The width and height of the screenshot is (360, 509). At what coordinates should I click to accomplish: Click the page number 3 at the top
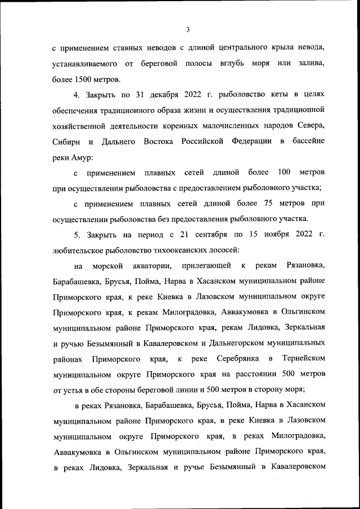[188, 30]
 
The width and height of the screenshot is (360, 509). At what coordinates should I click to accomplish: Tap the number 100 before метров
[283, 171]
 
